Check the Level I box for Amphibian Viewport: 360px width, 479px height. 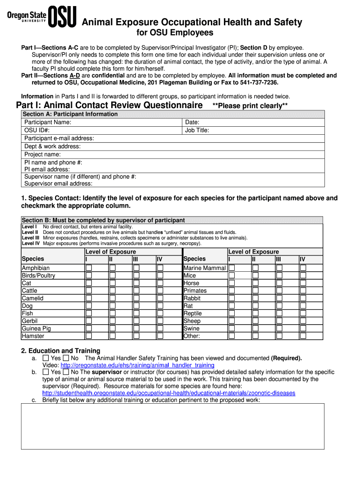click(88, 268)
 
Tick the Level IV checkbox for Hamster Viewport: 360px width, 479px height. click(160, 336)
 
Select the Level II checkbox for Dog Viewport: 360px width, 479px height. click(112, 306)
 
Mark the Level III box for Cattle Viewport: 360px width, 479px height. click(136, 290)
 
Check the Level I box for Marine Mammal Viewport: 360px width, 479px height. click(231, 268)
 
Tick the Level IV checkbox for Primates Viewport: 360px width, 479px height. click(303, 290)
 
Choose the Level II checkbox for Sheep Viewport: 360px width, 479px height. click(255, 321)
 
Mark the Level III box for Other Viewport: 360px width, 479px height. click(279, 336)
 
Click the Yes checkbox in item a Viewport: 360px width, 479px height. click(46, 358)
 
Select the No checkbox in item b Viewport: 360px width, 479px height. click(66, 372)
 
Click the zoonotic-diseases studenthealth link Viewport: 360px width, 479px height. click(168, 393)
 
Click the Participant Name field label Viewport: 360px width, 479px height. click(48, 122)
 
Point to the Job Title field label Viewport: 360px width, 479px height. click(197, 131)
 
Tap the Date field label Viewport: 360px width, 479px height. click(192, 122)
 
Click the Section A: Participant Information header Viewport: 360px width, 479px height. click(70, 114)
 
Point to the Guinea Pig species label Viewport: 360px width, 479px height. click(36, 328)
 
